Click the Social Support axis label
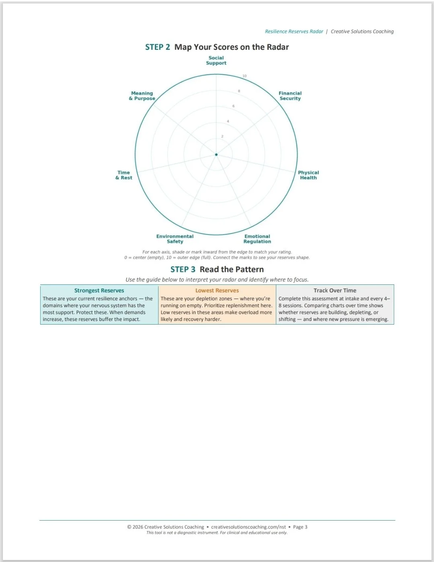(x=216, y=60)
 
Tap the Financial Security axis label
(x=290, y=96)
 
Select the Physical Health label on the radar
(x=308, y=175)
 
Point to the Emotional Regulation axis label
(x=257, y=239)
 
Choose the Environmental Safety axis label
(x=175, y=239)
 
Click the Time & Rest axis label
(x=123, y=175)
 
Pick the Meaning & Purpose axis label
(x=142, y=96)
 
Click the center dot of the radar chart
(x=216, y=155)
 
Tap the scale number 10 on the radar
(x=245, y=76)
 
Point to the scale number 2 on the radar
(x=222, y=137)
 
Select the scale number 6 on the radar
(x=233, y=106)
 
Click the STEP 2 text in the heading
(x=158, y=47)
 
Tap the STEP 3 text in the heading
(x=183, y=270)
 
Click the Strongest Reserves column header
(x=99, y=290)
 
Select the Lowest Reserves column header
(x=217, y=290)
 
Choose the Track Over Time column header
(x=335, y=290)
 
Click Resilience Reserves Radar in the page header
(x=294, y=31)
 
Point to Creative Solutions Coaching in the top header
(x=362, y=31)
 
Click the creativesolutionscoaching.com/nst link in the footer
(x=249, y=527)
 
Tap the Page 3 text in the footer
(x=300, y=527)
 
